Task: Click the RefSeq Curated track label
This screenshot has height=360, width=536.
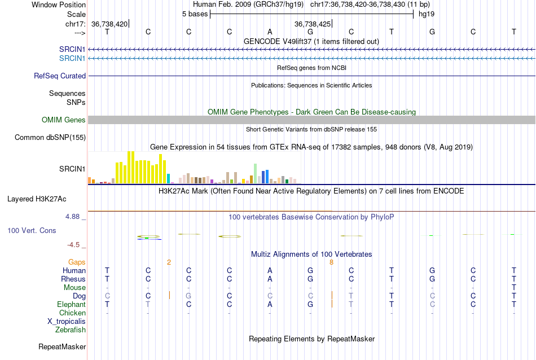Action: coord(60,76)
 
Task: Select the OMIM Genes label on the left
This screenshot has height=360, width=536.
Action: coord(64,120)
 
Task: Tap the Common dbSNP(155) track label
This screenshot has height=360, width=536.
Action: coord(50,137)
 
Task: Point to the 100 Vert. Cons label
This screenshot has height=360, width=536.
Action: coord(32,230)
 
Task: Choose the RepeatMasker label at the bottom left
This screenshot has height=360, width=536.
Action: coord(62,346)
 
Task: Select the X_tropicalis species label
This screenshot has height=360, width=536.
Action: coord(67,321)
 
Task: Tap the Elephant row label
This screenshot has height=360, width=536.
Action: coord(72,304)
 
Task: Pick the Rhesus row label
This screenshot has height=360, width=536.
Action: coord(73,279)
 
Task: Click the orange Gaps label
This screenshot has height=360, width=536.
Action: coord(77,262)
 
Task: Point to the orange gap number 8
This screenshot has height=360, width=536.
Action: coord(331,262)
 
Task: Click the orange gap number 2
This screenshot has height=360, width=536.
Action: coord(169,262)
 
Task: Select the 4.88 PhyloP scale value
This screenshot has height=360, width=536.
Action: coord(76,216)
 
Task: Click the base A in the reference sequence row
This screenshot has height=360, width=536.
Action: coord(270,32)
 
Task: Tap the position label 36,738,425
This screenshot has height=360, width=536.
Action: coord(312,24)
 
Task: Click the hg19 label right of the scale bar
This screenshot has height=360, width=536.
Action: coord(427,14)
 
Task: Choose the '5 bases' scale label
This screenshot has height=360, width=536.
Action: coord(194,14)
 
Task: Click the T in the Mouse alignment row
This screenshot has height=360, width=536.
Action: coord(513,287)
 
